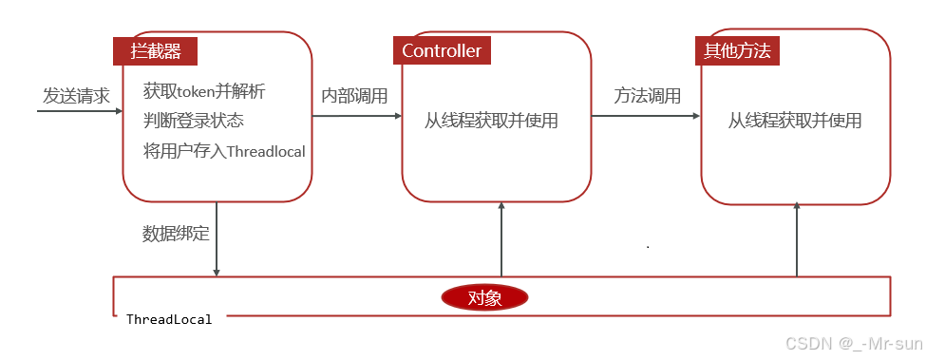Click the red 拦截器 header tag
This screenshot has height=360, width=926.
coord(156,51)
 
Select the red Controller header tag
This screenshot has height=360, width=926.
coord(442,51)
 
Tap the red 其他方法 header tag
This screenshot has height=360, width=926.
coord(738,51)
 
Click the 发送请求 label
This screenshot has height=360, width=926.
coord(76,96)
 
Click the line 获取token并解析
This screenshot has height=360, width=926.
coord(204,92)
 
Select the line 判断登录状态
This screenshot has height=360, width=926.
coord(194,121)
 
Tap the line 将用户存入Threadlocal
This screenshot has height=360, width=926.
coord(224,150)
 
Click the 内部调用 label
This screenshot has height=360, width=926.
coord(354,96)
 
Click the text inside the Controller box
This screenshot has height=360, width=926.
coord(491,121)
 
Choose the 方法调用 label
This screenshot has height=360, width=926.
coord(647,96)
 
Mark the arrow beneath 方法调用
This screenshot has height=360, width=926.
coord(646,116)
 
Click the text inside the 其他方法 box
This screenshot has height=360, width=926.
coord(795,121)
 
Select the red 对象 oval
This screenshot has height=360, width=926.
coord(484,297)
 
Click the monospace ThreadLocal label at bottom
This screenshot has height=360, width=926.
coord(169,319)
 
